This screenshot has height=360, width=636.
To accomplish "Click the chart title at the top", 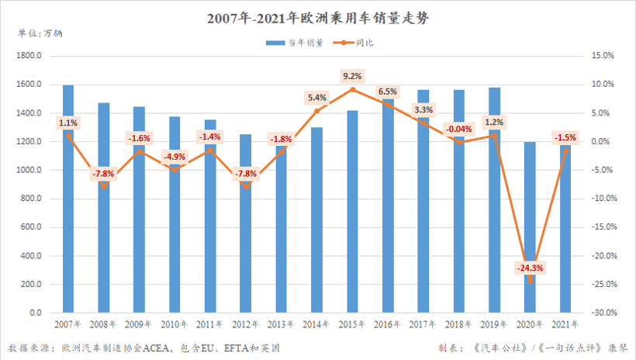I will (317, 17).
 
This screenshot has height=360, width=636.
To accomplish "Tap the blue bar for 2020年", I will (531, 233).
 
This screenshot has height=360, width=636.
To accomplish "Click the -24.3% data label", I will (531, 268).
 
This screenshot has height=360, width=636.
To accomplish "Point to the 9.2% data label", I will (352, 76).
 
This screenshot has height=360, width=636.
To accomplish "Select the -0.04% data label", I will (459, 129).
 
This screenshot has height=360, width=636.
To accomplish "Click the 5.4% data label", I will (317, 98).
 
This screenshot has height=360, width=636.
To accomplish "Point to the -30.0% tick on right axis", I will (602, 313).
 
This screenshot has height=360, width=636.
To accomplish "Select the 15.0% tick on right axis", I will (603, 56).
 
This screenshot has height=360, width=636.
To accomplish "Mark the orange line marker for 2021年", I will (565, 151).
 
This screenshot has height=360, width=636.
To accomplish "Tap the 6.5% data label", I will (388, 91).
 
